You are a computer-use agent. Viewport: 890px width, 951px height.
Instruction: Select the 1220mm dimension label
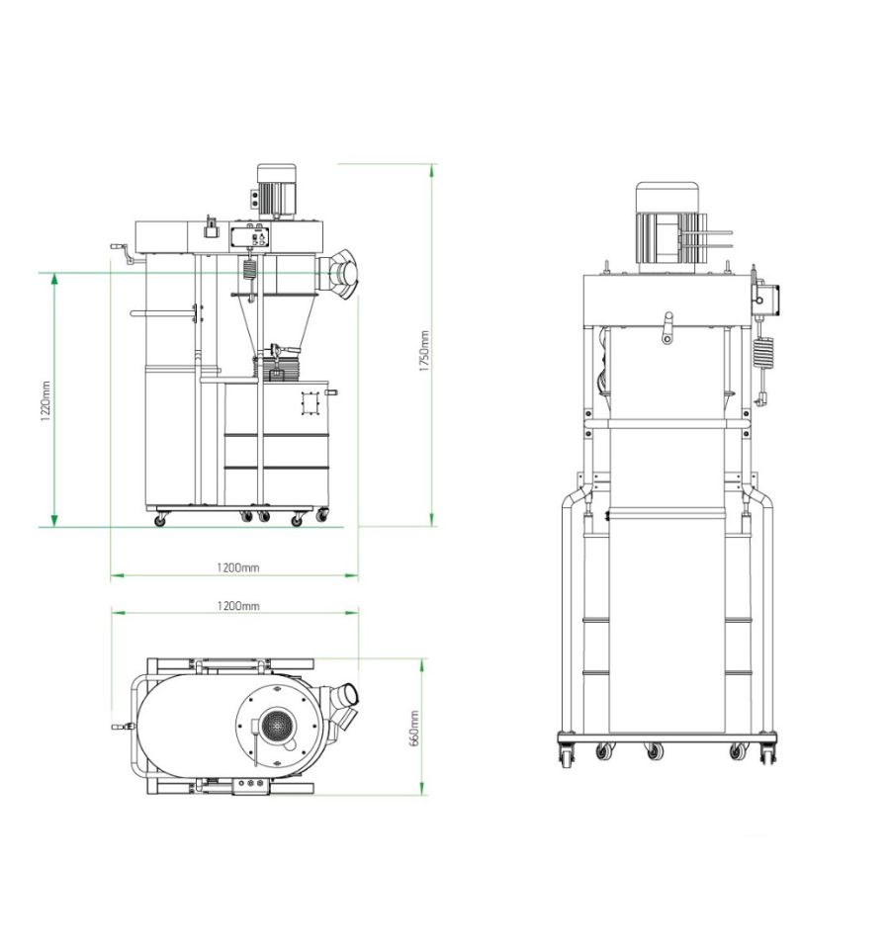(46, 401)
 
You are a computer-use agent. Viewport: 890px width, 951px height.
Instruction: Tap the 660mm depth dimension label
(415, 729)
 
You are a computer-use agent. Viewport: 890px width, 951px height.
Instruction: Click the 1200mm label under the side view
(238, 567)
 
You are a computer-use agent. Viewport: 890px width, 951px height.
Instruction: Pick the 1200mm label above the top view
(238, 606)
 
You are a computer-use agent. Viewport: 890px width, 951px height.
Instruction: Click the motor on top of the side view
(277, 191)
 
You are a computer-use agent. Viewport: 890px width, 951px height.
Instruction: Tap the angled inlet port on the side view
(341, 273)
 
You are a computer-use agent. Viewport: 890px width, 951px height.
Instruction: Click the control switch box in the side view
(250, 236)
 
